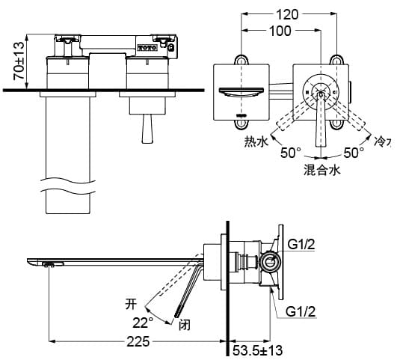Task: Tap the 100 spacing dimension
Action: [280, 31]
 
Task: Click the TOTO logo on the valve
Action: [147, 46]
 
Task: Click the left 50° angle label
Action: [291, 153]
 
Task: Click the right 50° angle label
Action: [354, 153]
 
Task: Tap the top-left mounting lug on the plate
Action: [241, 60]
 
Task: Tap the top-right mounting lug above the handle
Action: [337, 60]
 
